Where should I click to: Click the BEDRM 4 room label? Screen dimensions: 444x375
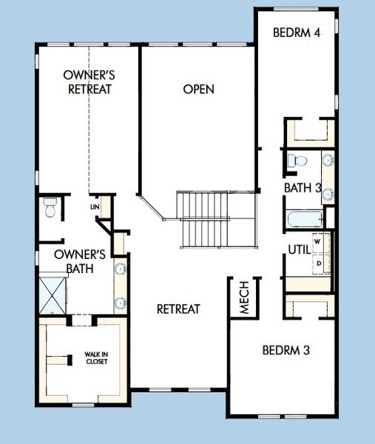coord(296,33)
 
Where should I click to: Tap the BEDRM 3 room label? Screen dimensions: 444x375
coord(286,350)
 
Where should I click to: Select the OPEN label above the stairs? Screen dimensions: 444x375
coord(199,90)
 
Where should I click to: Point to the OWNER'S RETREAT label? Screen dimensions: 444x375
coord(87,82)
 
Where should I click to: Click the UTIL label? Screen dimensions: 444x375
coord(297,251)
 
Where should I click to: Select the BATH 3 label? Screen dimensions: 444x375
coord(303,188)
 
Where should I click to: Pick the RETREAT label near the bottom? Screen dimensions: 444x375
coord(178,309)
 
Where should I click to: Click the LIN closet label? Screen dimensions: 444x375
coord(95,206)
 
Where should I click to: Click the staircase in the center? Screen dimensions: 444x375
coord(206,220)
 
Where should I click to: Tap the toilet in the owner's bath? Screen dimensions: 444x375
coord(50,208)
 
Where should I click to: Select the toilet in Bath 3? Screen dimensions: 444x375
coord(295,159)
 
